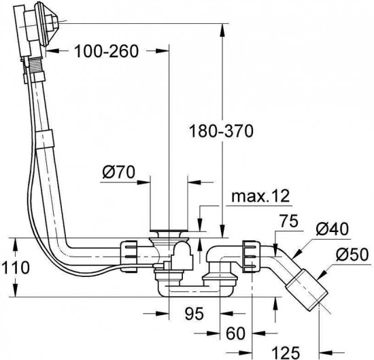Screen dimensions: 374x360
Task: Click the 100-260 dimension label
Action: [x=106, y=51]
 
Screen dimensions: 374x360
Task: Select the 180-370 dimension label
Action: [x=221, y=131]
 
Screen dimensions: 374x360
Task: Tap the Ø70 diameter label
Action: [x=118, y=172]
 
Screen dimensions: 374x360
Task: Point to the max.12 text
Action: [x=260, y=196]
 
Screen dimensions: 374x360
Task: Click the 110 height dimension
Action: [x=15, y=267]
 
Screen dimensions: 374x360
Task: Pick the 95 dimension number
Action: [x=194, y=314]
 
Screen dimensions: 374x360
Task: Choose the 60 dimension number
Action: [x=235, y=333]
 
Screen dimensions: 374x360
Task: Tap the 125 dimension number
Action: [x=286, y=353]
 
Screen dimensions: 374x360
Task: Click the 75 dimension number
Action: [x=289, y=221]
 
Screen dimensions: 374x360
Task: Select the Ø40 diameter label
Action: [x=332, y=229]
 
